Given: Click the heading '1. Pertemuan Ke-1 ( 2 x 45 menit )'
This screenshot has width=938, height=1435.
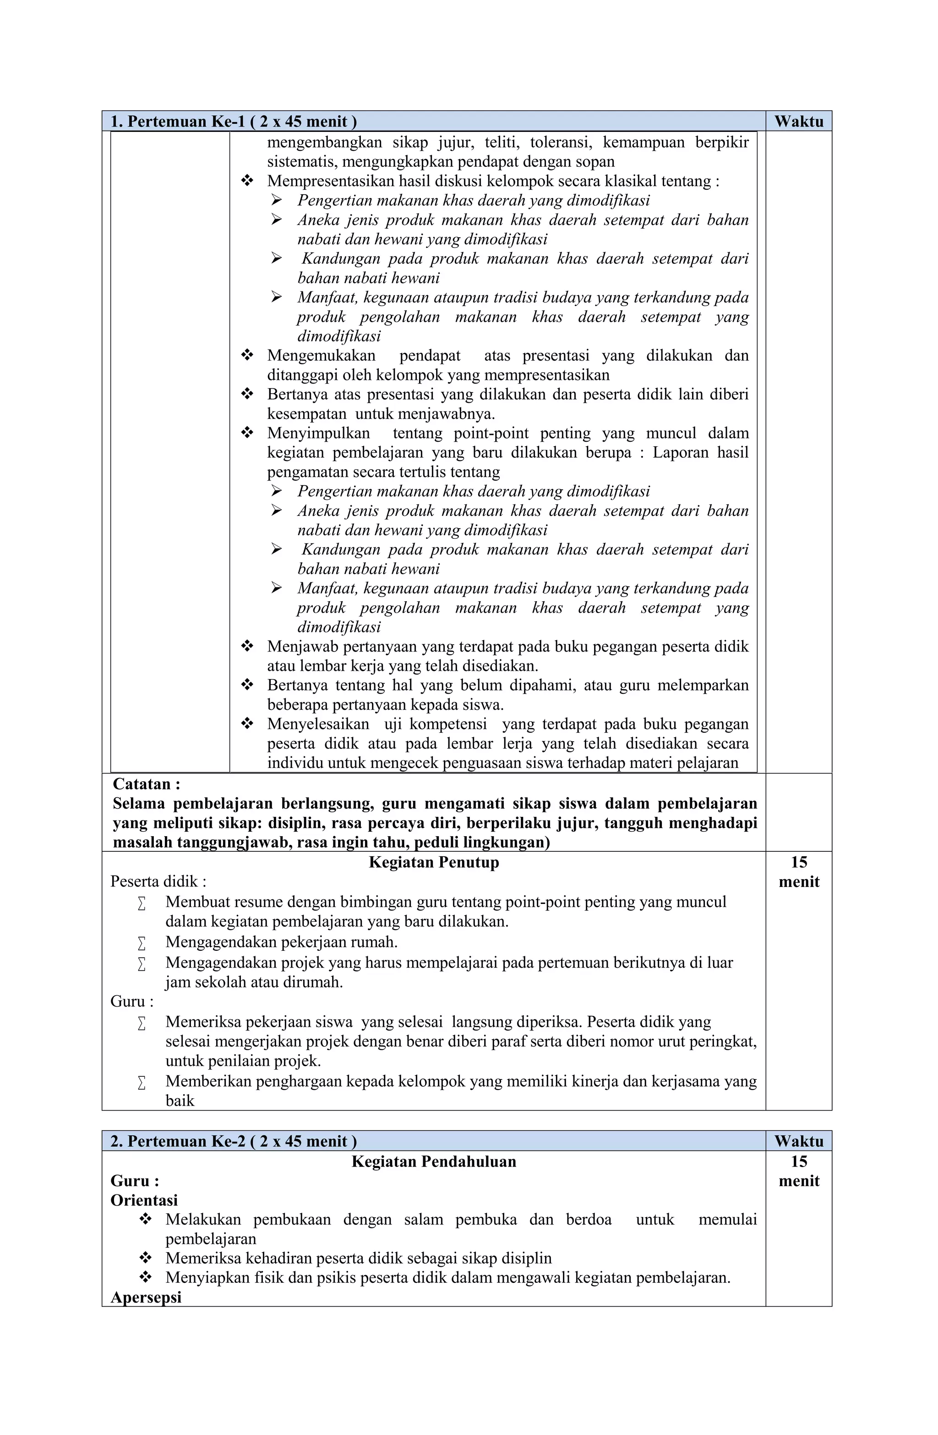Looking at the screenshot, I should point(233,122).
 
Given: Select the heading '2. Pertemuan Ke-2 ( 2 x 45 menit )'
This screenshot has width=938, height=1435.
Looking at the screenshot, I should point(233,1141).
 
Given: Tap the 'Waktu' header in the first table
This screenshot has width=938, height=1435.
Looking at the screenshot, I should point(798,122).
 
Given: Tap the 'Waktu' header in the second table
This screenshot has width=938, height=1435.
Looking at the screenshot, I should point(798,1141).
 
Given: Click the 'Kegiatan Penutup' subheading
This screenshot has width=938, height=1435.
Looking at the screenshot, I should point(433,862).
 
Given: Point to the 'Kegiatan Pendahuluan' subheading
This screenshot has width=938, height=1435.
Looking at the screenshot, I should point(433,1161).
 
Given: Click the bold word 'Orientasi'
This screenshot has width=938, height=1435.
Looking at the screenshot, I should point(144,1200).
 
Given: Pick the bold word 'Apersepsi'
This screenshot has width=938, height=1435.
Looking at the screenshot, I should point(146,1297).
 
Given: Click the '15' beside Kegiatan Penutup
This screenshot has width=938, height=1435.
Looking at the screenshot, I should point(799,862).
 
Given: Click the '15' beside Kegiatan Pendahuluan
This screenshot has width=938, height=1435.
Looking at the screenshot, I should point(799,1161).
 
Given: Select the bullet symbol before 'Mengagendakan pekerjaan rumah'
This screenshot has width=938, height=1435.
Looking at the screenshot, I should point(142,942).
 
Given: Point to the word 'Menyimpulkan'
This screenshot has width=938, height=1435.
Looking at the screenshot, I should point(318,433).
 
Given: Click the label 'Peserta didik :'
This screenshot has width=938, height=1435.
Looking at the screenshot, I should point(158,882).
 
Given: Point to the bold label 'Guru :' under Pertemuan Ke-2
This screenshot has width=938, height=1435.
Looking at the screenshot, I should point(135,1181).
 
